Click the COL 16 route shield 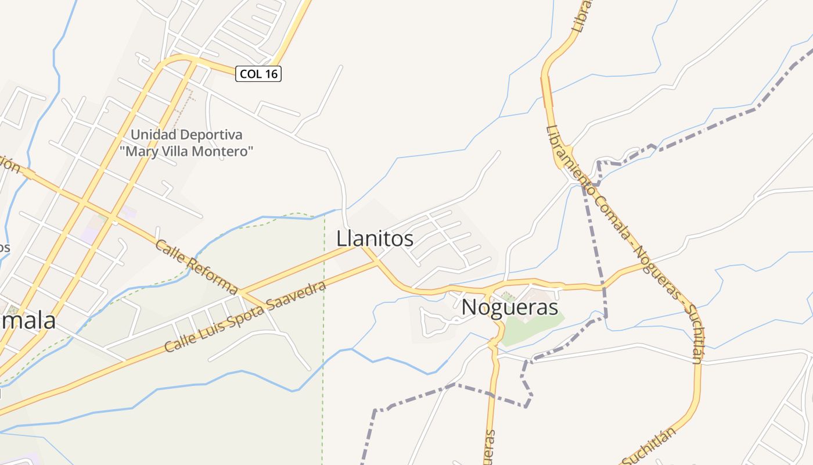[258, 74]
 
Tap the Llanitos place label [375, 238]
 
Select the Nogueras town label [509, 307]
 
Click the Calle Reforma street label [196, 267]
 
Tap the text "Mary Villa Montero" [186, 152]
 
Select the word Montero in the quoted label [229, 152]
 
